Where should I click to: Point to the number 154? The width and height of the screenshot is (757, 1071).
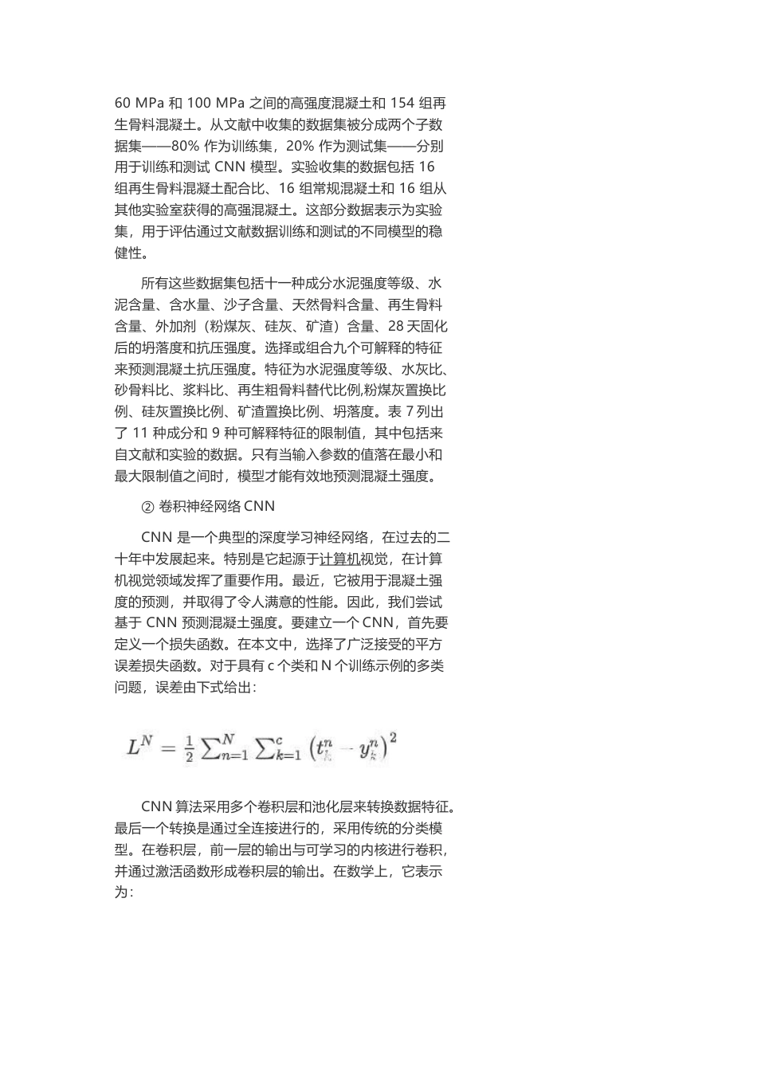403,104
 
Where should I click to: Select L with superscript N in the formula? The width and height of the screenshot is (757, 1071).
139,746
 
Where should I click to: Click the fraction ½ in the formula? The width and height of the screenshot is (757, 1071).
189,750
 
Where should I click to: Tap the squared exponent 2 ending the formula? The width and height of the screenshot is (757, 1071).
392,739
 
